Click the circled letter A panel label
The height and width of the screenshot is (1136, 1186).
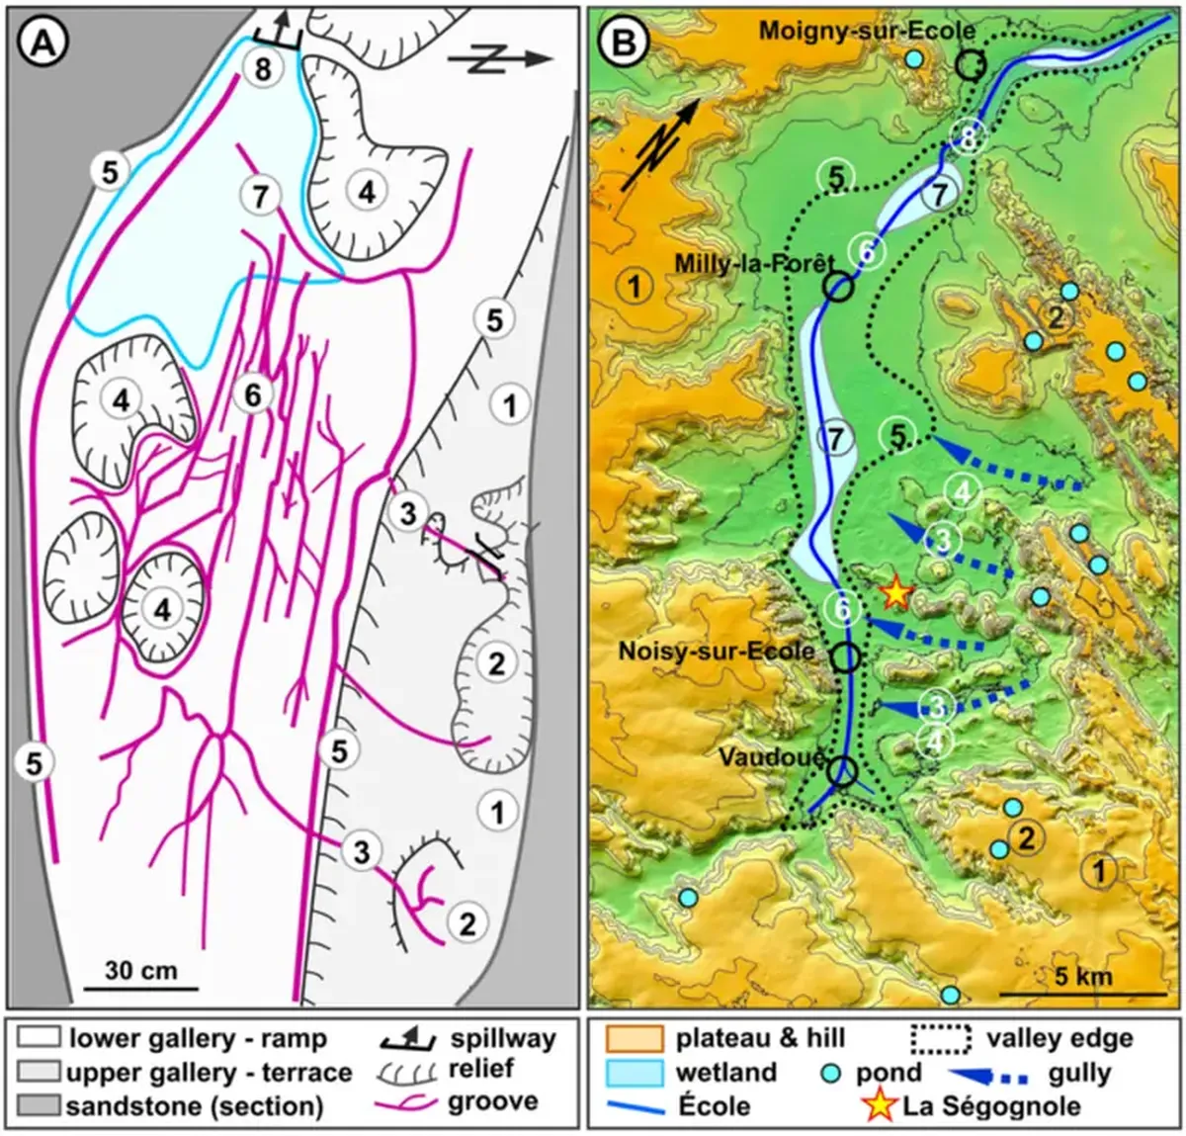click(42, 44)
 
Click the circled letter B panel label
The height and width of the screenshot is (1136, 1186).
click(625, 43)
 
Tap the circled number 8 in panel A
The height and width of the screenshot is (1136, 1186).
click(263, 69)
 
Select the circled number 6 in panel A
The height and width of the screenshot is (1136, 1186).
click(253, 395)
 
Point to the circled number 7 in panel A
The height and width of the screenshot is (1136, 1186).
click(259, 196)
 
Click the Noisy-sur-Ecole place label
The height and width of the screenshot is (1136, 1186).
click(717, 651)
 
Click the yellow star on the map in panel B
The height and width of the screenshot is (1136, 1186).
click(895, 592)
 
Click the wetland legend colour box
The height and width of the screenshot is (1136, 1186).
click(633, 1072)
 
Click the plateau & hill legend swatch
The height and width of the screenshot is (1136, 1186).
click(633, 1039)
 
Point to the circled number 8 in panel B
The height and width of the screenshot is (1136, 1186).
click(968, 138)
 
